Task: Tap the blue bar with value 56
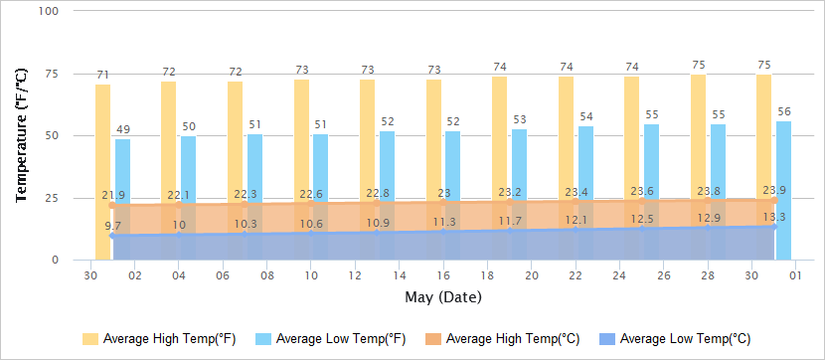[784, 189]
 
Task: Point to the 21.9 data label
[112, 195]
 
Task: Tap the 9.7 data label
[112, 227]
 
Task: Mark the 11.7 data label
[510, 221]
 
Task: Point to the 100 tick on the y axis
[49, 11]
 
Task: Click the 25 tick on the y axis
[52, 198]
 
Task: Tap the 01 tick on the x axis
[796, 275]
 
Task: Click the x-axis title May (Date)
[443, 297]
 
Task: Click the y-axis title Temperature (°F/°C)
[21, 134]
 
